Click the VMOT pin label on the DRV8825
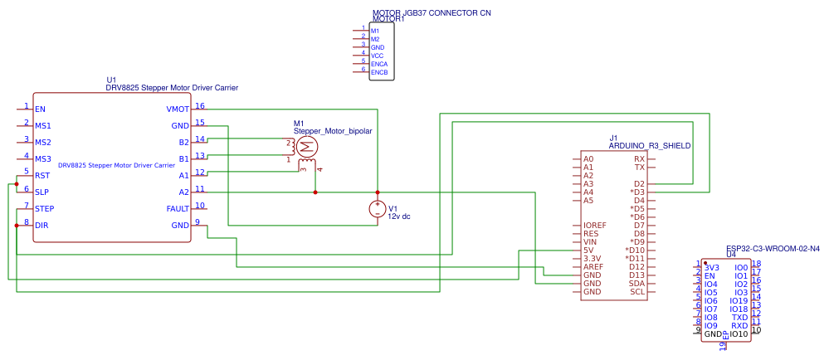click(178, 109)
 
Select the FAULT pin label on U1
click(177, 208)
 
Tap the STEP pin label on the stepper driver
click(45, 208)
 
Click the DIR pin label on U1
click(41, 225)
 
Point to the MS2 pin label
click(43, 143)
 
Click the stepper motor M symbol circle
click(305, 147)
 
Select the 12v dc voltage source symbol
click(378, 208)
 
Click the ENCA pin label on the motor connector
click(379, 64)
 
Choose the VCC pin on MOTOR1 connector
click(377, 56)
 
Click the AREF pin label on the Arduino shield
click(593, 266)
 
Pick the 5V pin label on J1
click(589, 250)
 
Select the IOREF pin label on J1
click(595, 225)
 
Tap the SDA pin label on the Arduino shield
click(636, 283)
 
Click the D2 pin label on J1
click(639, 183)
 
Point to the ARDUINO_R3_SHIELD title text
click(650, 145)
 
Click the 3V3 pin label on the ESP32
click(711, 267)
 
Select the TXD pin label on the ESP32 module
click(739, 317)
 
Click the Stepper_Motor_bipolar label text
click(333, 131)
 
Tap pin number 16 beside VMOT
click(200, 105)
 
